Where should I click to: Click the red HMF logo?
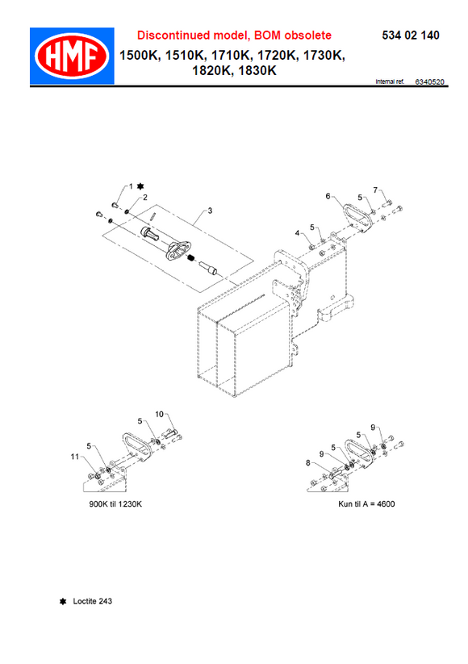click(69, 56)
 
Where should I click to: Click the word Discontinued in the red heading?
click(172, 35)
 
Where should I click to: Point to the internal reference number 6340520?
click(428, 82)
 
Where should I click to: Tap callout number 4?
click(297, 232)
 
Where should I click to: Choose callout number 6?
click(328, 195)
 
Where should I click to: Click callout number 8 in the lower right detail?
click(307, 462)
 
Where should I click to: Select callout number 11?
click(74, 457)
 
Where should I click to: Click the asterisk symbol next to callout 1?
click(140, 186)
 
